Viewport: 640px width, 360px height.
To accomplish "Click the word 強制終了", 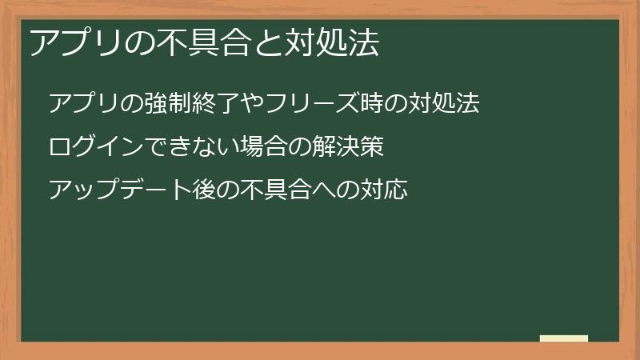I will coord(190,103).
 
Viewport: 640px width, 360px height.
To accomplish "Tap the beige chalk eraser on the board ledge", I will coord(564,339).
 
